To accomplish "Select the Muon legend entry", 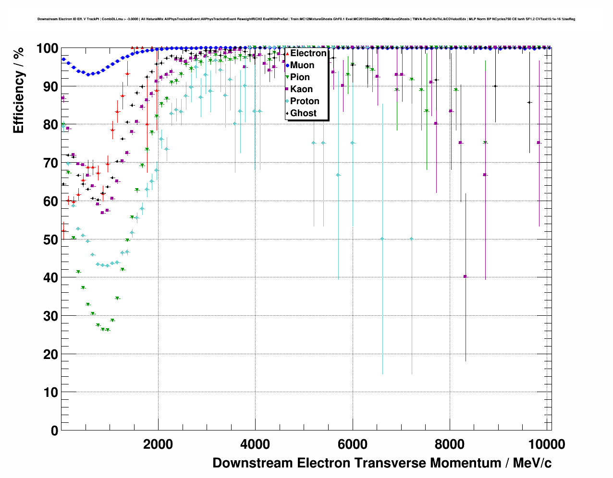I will (x=302, y=65).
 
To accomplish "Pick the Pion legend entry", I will (x=300, y=77).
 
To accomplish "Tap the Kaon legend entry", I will (x=301, y=89).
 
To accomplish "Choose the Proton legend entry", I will (x=305, y=101).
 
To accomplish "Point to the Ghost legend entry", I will (x=303, y=113).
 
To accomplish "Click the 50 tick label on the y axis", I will (x=51, y=239).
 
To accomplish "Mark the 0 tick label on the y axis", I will (x=55, y=430).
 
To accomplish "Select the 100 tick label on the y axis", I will (x=47, y=48).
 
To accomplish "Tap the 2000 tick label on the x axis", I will (x=158, y=444).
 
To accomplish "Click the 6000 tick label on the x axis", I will (x=352, y=444).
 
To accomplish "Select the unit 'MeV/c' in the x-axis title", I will (x=532, y=463).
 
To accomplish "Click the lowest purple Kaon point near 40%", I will (x=465, y=276).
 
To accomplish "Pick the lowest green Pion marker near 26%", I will (x=108, y=330).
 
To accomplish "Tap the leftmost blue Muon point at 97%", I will (x=63, y=60).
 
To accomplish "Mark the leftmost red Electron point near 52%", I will (x=63, y=231).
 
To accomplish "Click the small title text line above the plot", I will (x=306, y=19).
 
